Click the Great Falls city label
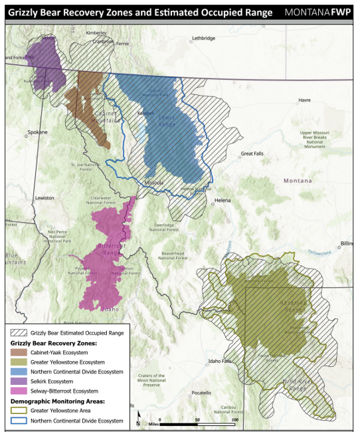pos(252,154)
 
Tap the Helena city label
pos(222,200)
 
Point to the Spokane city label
pos(37,132)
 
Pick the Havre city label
pos(304,100)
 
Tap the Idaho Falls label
pos(220,362)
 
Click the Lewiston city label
pos(45,198)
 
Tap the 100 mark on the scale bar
pos(234,420)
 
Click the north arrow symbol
pos(138,419)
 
